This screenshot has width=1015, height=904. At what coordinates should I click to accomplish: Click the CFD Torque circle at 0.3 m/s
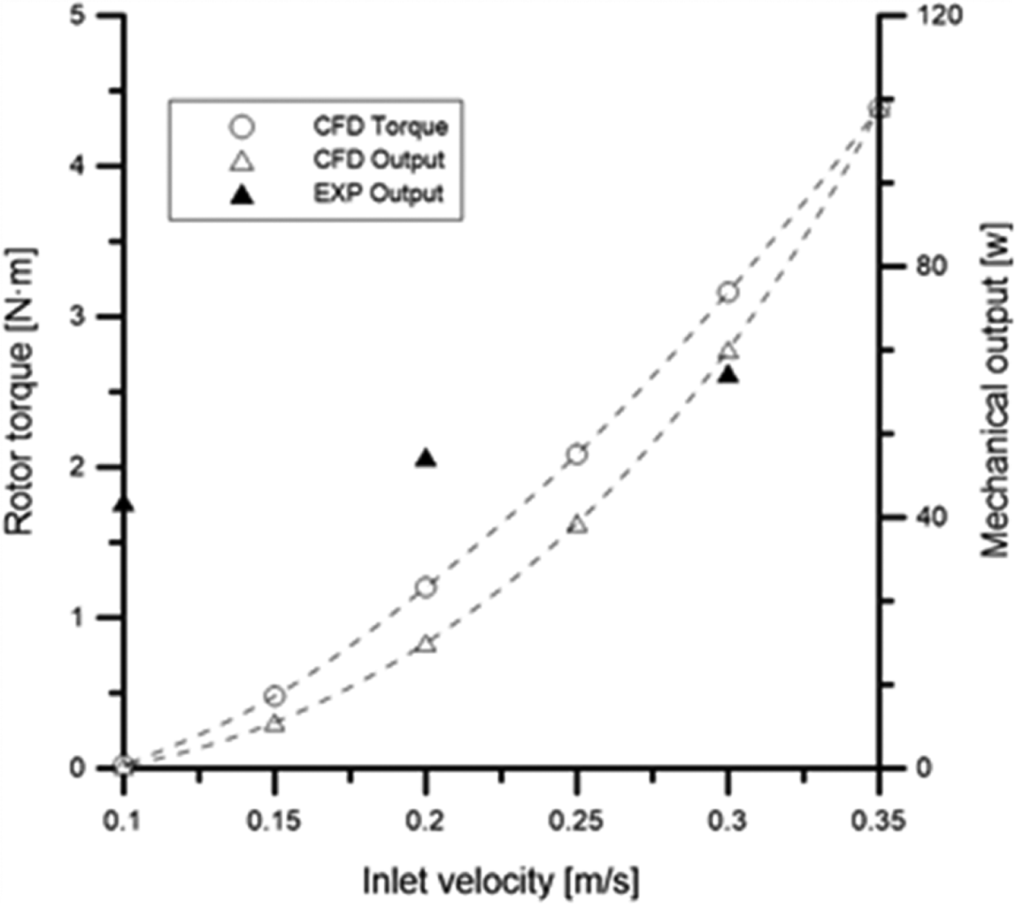tap(728, 292)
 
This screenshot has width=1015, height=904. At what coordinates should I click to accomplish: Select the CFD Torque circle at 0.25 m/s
tap(577, 455)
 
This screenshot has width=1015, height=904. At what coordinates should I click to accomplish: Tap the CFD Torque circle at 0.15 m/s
tap(275, 695)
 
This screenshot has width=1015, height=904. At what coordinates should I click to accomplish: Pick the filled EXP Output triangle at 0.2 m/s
tap(425, 458)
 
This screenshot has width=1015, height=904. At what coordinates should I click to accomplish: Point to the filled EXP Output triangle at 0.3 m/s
tap(728, 375)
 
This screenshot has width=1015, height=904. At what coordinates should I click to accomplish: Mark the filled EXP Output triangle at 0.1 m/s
tap(125, 504)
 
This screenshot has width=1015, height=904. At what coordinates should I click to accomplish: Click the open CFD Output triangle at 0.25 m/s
tap(578, 525)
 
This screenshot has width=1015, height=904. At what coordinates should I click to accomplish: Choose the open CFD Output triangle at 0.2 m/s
tap(425, 644)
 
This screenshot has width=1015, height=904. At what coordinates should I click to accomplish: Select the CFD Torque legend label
tap(380, 126)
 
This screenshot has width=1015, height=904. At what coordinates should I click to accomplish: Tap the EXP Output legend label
tap(378, 193)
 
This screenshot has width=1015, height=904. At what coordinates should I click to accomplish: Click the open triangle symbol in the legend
tap(243, 161)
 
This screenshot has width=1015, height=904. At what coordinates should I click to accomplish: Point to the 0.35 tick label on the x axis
tap(878, 822)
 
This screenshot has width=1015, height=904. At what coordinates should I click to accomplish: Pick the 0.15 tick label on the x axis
tap(275, 822)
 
